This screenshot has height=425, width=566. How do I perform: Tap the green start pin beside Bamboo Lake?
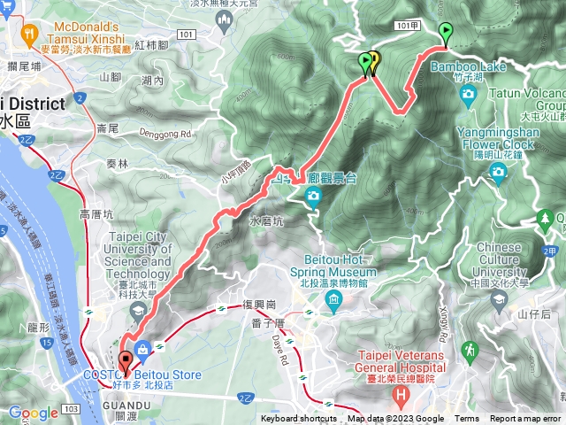tap(445, 34)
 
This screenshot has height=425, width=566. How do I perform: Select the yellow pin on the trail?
tap(374, 61)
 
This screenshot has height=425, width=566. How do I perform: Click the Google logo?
tap(33, 413)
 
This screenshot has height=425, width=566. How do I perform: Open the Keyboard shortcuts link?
tap(300, 419)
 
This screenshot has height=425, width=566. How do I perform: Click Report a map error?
tap(525, 419)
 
